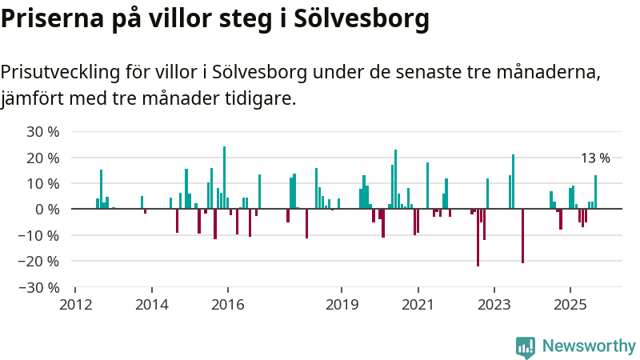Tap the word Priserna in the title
[45, 18]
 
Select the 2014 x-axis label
[151, 305]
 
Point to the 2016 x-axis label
[227, 305]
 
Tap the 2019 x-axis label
[342, 305]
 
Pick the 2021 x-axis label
[418, 305]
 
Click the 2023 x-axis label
[494, 305]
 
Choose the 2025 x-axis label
[570, 305]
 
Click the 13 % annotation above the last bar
[595, 158]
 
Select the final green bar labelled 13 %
[595, 192]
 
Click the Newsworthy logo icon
[526, 346]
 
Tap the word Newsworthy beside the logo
[589, 346]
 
